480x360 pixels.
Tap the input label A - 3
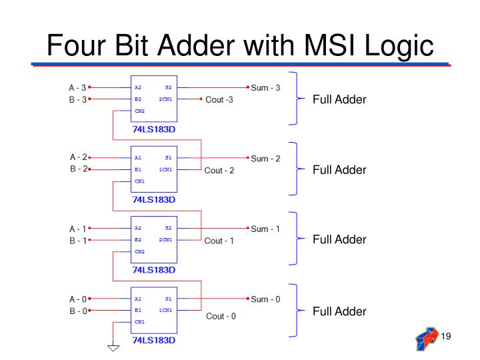click(x=77, y=87)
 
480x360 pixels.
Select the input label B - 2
click(x=78, y=169)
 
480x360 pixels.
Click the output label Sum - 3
click(x=265, y=87)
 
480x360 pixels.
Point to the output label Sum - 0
click(x=265, y=299)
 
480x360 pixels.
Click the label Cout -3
click(x=219, y=100)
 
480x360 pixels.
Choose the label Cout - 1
click(x=219, y=241)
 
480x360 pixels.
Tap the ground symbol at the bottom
click(x=114, y=346)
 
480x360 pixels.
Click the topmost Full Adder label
click(x=339, y=100)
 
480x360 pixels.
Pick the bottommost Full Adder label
click(x=339, y=311)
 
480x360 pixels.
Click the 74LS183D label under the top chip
click(x=154, y=129)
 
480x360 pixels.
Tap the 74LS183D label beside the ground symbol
click(x=154, y=341)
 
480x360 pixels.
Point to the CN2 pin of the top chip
click(x=139, y=111)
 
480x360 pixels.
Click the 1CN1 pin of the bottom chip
click(x=165, y=310)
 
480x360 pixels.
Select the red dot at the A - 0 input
click(x=89, y=299)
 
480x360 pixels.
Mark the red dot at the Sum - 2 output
click(x=248, y=158)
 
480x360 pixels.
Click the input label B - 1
click(x=77, y=241)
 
